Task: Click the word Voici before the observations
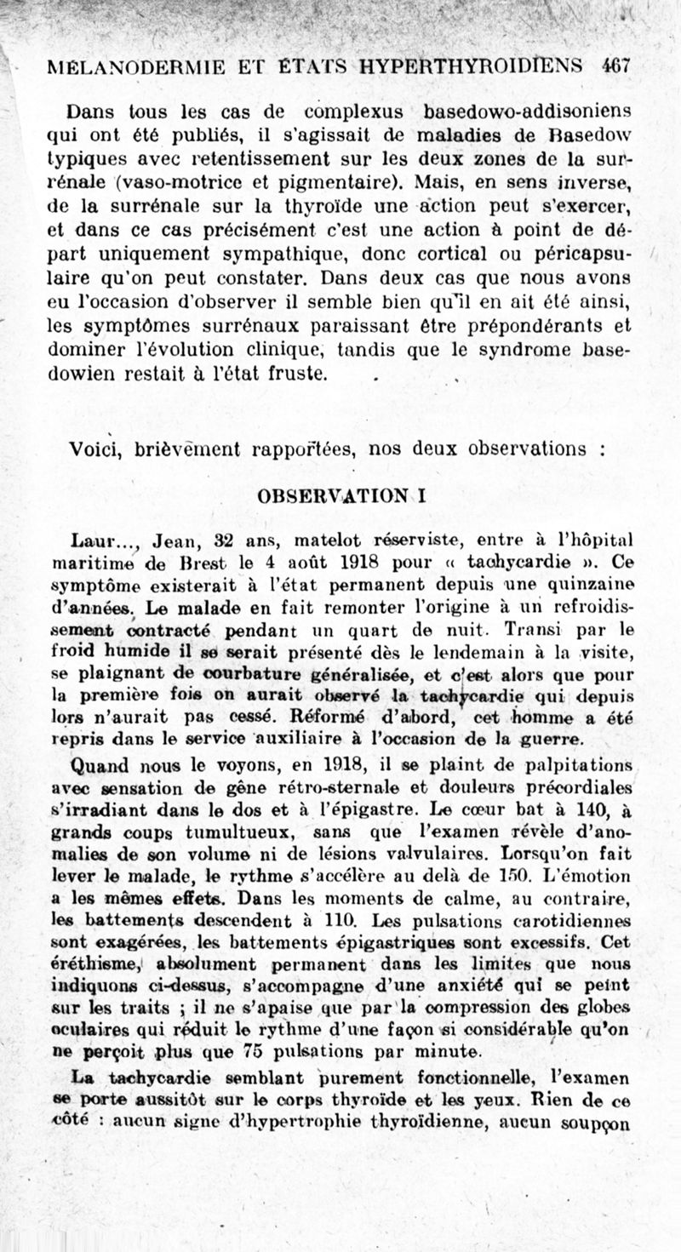[95, 449]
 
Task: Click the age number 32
[223, 539]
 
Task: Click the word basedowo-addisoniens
[522, 111]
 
